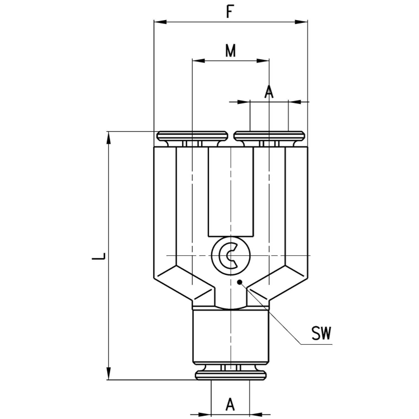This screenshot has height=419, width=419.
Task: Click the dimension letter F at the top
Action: [x=230, y=12]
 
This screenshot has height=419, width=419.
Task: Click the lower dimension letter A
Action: [x=230, y=403]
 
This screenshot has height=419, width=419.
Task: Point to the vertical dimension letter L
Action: [x=99, y=257]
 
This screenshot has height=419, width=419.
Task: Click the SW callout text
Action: [x=321, y=334]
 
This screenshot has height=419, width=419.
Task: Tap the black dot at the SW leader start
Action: [x=240, y=282]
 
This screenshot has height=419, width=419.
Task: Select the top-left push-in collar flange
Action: [x=192, y=136]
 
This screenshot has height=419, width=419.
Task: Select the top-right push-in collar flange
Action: [x=269, y=136]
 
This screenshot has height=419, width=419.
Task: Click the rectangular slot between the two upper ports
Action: [x=230, y=190]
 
